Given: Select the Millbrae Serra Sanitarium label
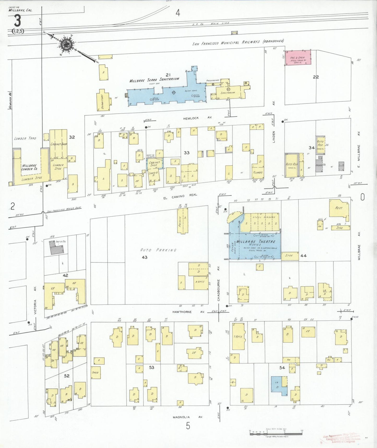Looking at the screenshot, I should coord(154,79).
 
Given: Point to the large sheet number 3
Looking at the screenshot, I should coord(17,21).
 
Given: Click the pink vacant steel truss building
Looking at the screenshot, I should coord(298,58).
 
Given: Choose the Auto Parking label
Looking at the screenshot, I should coord(158,250).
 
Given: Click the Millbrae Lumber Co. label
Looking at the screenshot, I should coord(29,167).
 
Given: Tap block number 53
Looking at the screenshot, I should coord(152,367).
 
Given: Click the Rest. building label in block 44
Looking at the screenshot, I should coord(339,208).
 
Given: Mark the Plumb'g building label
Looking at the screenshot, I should coord(258,173).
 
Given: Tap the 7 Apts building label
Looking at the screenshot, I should coord(238,337).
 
